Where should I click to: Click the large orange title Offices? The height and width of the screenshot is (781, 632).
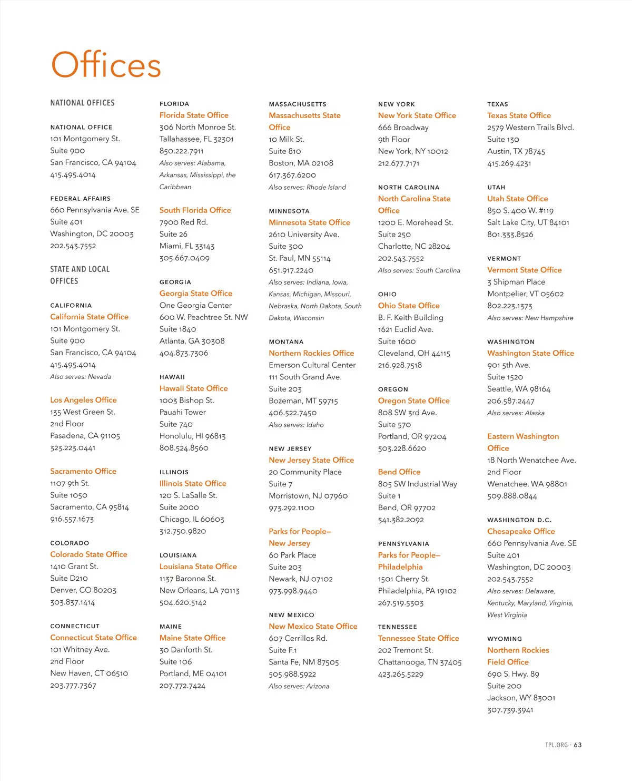(106, 65)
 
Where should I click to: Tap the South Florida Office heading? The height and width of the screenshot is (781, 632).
(195, 210)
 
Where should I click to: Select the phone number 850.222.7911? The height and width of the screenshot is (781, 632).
(181, 151)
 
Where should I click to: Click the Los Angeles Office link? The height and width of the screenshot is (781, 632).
(83, 400)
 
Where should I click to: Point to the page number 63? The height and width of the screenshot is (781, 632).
(578, 745)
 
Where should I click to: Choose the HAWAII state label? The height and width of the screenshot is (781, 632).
(172, 377)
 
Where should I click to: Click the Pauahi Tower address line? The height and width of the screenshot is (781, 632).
(182, 412)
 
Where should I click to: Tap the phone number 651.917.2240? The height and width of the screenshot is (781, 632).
(291, 270)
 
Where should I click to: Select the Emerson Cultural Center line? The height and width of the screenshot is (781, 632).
(312, 365)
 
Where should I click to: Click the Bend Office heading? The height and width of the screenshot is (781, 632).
(399, 472)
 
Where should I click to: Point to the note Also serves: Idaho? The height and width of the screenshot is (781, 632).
(296, 425)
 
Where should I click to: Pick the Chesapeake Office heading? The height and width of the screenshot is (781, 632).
(521, 531)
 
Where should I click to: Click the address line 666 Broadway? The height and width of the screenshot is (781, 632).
(403, 128)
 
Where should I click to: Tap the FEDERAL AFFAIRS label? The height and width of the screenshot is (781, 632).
(80, 199)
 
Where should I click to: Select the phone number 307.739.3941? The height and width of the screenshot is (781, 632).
(510, 710)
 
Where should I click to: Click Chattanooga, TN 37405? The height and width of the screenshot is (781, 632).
(419, 662)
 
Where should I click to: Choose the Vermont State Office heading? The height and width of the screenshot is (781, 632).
(524, 270)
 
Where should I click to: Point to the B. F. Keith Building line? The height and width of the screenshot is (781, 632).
(410, 317)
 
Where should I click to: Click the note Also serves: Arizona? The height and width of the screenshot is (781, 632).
(299, 686)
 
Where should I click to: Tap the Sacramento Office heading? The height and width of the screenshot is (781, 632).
(83, 471)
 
